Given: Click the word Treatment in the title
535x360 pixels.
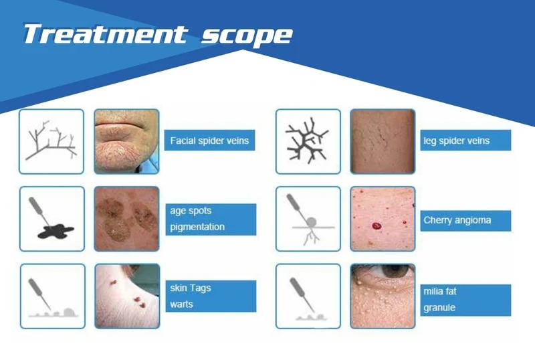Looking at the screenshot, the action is pos(106,34).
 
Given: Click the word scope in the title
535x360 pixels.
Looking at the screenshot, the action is pos(247,35).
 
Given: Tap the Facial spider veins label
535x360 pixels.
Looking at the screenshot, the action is pos(209,141).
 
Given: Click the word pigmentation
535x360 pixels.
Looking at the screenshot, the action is pos(197,227).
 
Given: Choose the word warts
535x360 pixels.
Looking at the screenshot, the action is pos(181,304).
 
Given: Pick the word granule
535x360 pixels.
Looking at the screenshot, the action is pos(439,308).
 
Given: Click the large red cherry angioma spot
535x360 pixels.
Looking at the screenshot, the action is pos(377,226).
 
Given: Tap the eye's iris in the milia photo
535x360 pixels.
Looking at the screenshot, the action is pos(395,270).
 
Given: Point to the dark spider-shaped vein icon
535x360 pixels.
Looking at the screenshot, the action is pos(307,141).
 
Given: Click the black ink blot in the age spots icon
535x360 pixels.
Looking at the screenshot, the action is pos(56,231).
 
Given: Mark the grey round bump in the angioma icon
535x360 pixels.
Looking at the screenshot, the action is pos(311,222).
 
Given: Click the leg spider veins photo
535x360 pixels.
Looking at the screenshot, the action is pos(383,141).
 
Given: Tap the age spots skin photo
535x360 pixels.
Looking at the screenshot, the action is pos(126,219).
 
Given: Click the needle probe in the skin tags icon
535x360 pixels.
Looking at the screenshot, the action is pos(40,294).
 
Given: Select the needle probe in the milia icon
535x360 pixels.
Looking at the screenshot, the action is pos(302,294).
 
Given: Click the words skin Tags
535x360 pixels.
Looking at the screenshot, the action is pos(191,288).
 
